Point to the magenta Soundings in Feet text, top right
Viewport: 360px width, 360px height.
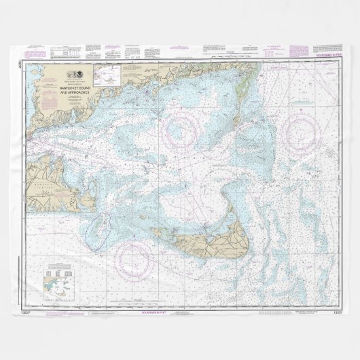point(323,62)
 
